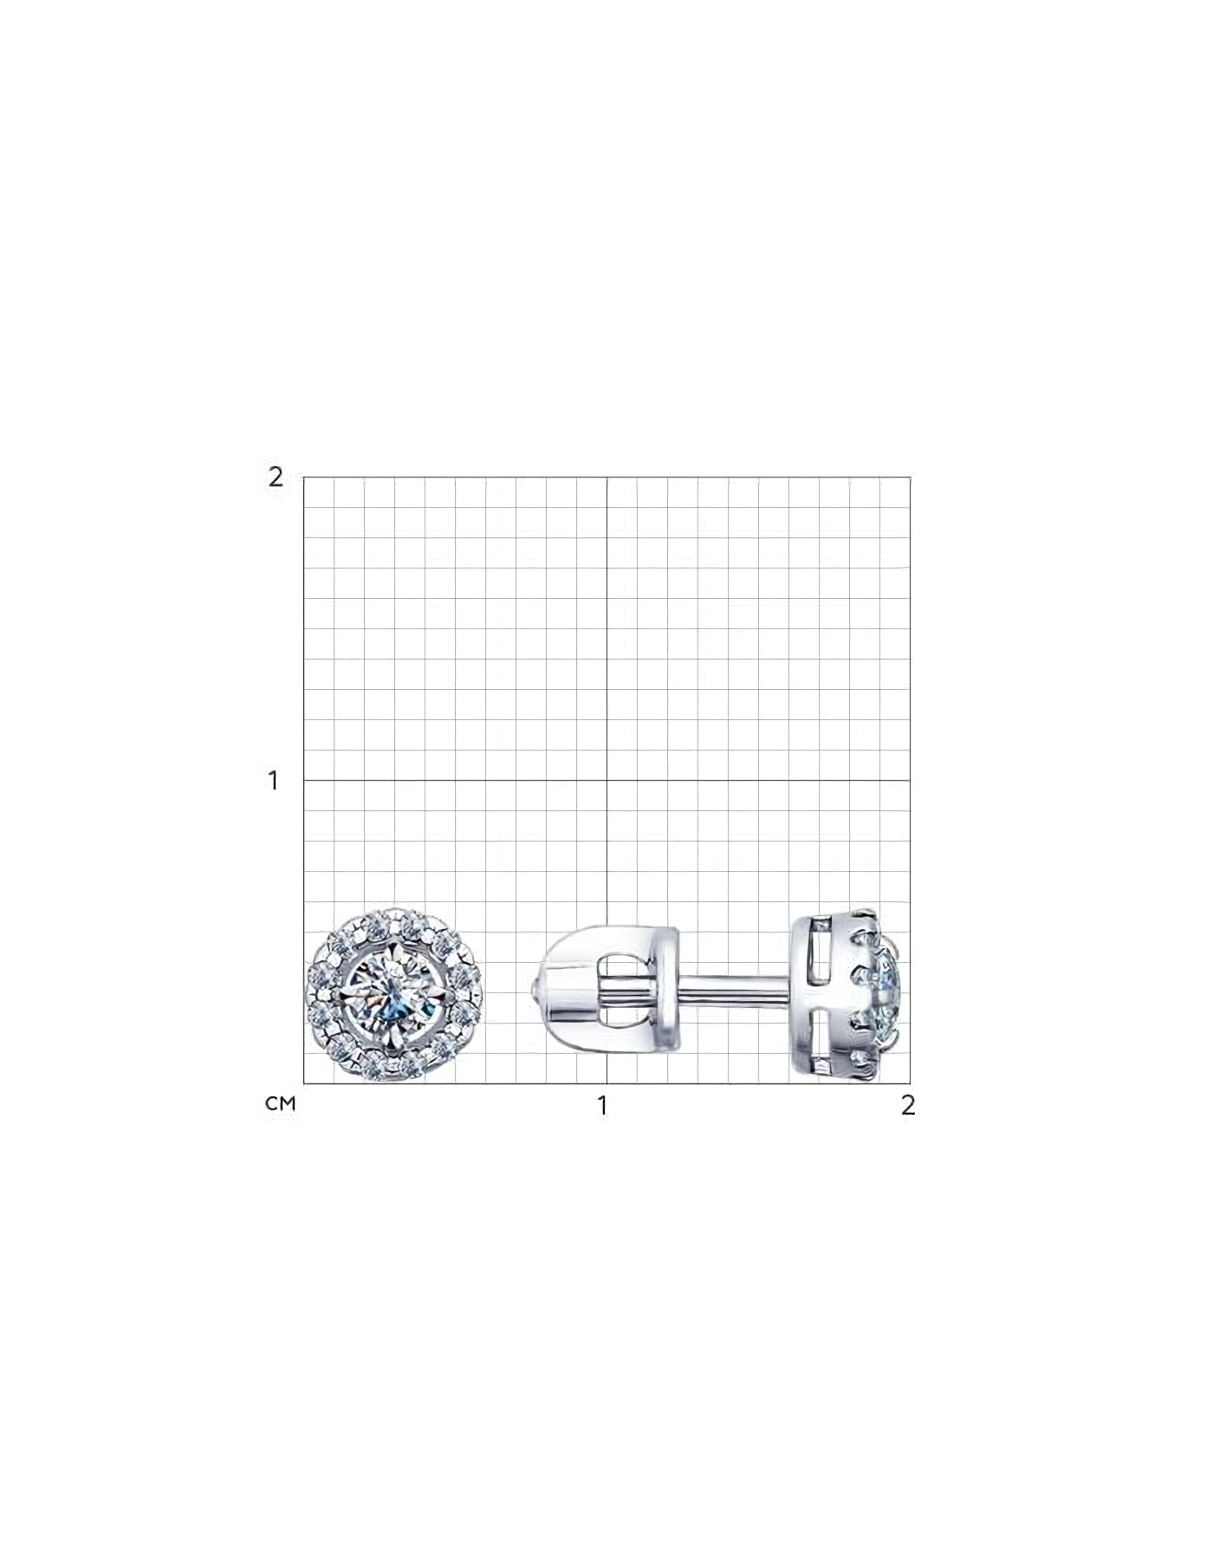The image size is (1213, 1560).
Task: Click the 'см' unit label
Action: pos(281,1104)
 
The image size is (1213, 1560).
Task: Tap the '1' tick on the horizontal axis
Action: pos(602,1105)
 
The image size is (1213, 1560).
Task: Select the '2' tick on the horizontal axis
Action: pos(907,1105)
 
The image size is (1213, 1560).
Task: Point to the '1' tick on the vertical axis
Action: pos(274,780)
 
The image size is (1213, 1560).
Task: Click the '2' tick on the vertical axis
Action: pos(276,477)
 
